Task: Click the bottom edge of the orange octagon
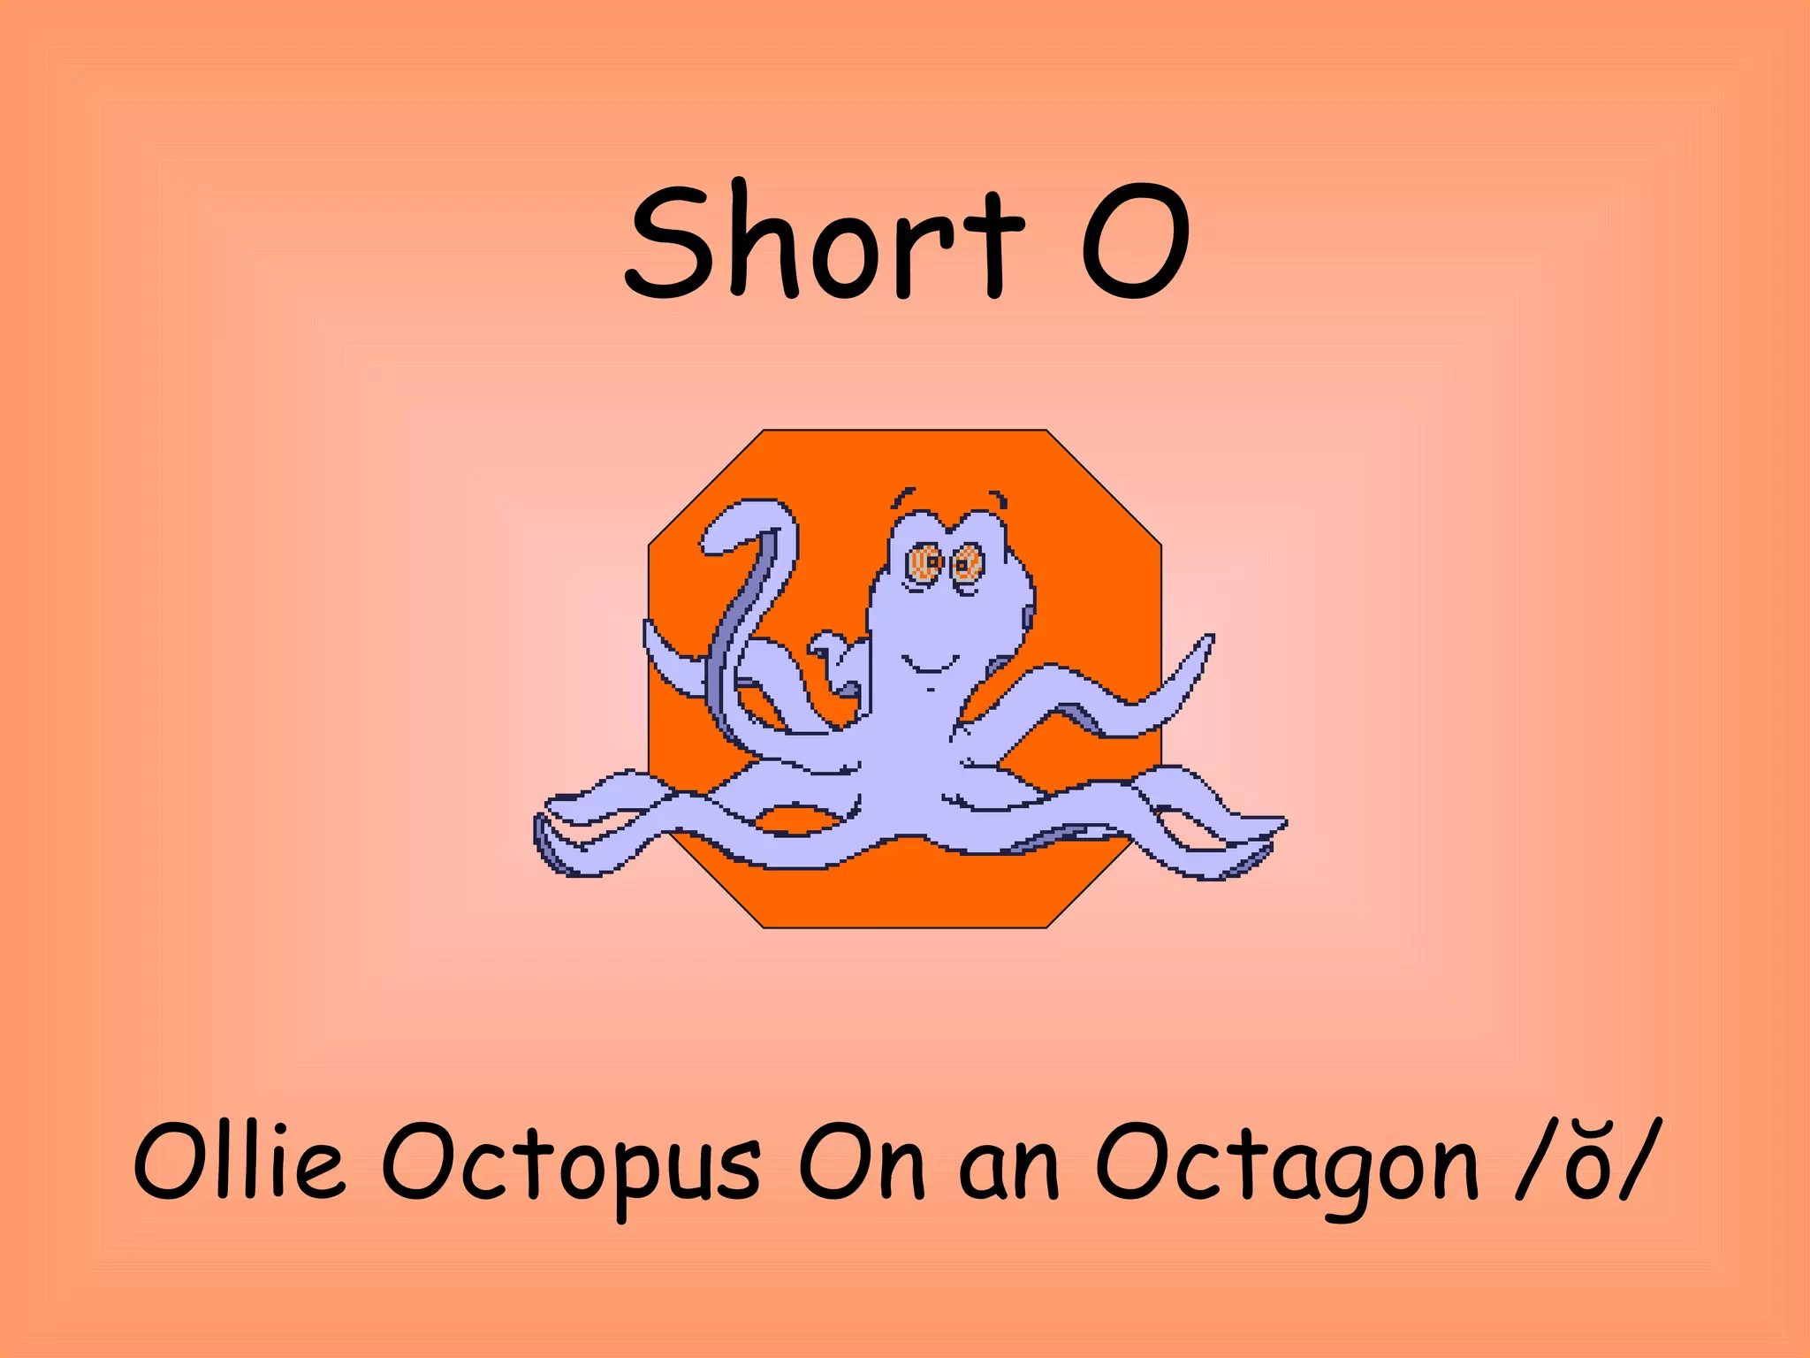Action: pyautogui.click(x=905, y=927)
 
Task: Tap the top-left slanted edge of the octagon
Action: pyautogui.click(x=705, y=487)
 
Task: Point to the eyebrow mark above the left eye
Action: pyautogui.click(x=902, y=494)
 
